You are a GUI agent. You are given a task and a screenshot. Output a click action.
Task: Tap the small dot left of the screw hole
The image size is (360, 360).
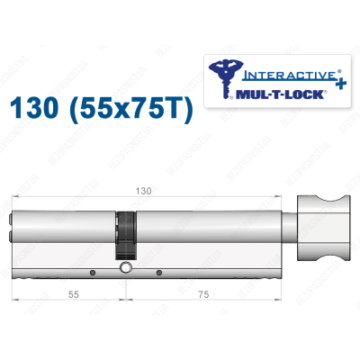click(92, 273)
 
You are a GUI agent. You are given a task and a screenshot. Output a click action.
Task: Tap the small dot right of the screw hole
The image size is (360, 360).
click(158, 273)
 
